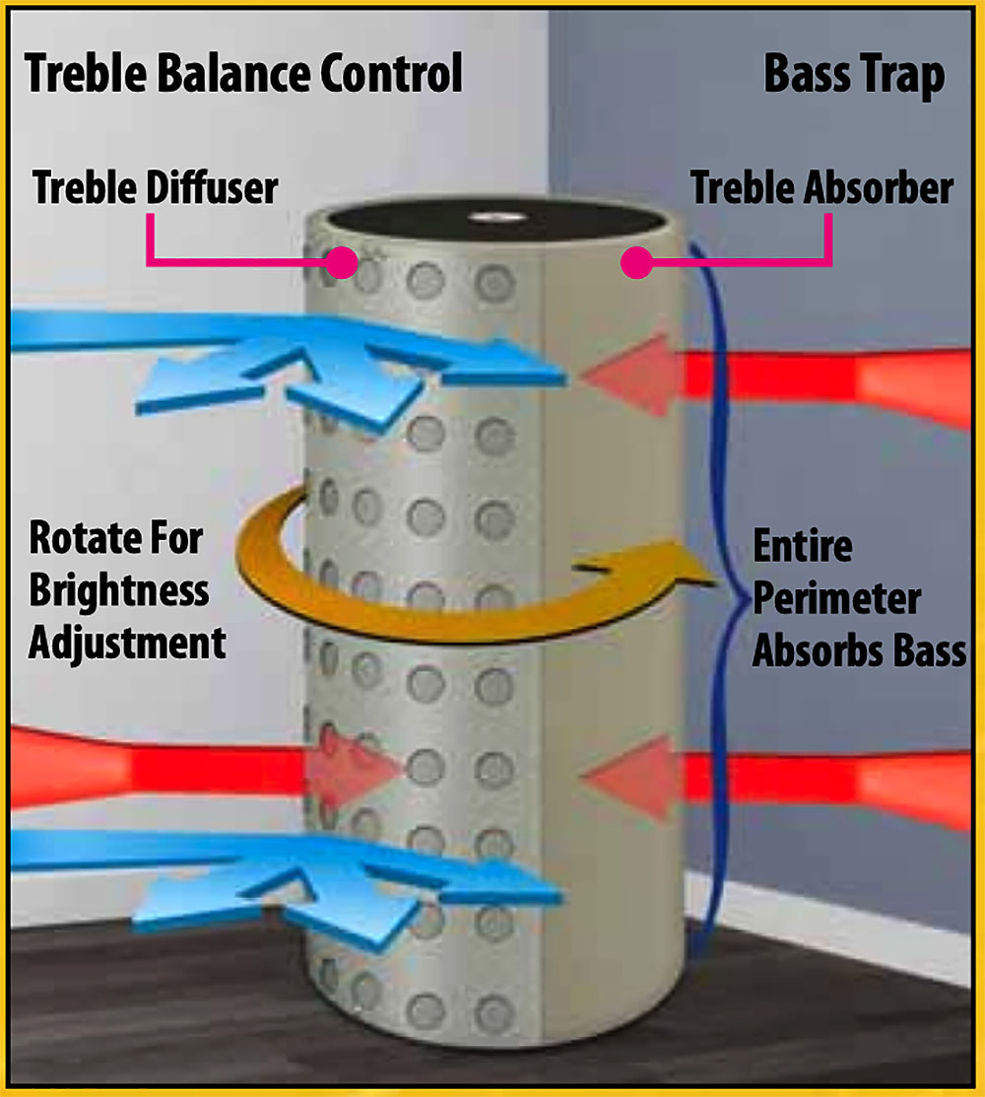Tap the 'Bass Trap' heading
[x=854, y=75]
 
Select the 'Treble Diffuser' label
[x=155, y=187]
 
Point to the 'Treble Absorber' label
[x=821, y=187]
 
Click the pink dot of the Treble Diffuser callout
[x=342, y=261]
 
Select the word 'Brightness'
[x=119, y=591]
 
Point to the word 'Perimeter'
[x=836, y=598]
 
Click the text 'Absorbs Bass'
[x=859, y=651]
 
